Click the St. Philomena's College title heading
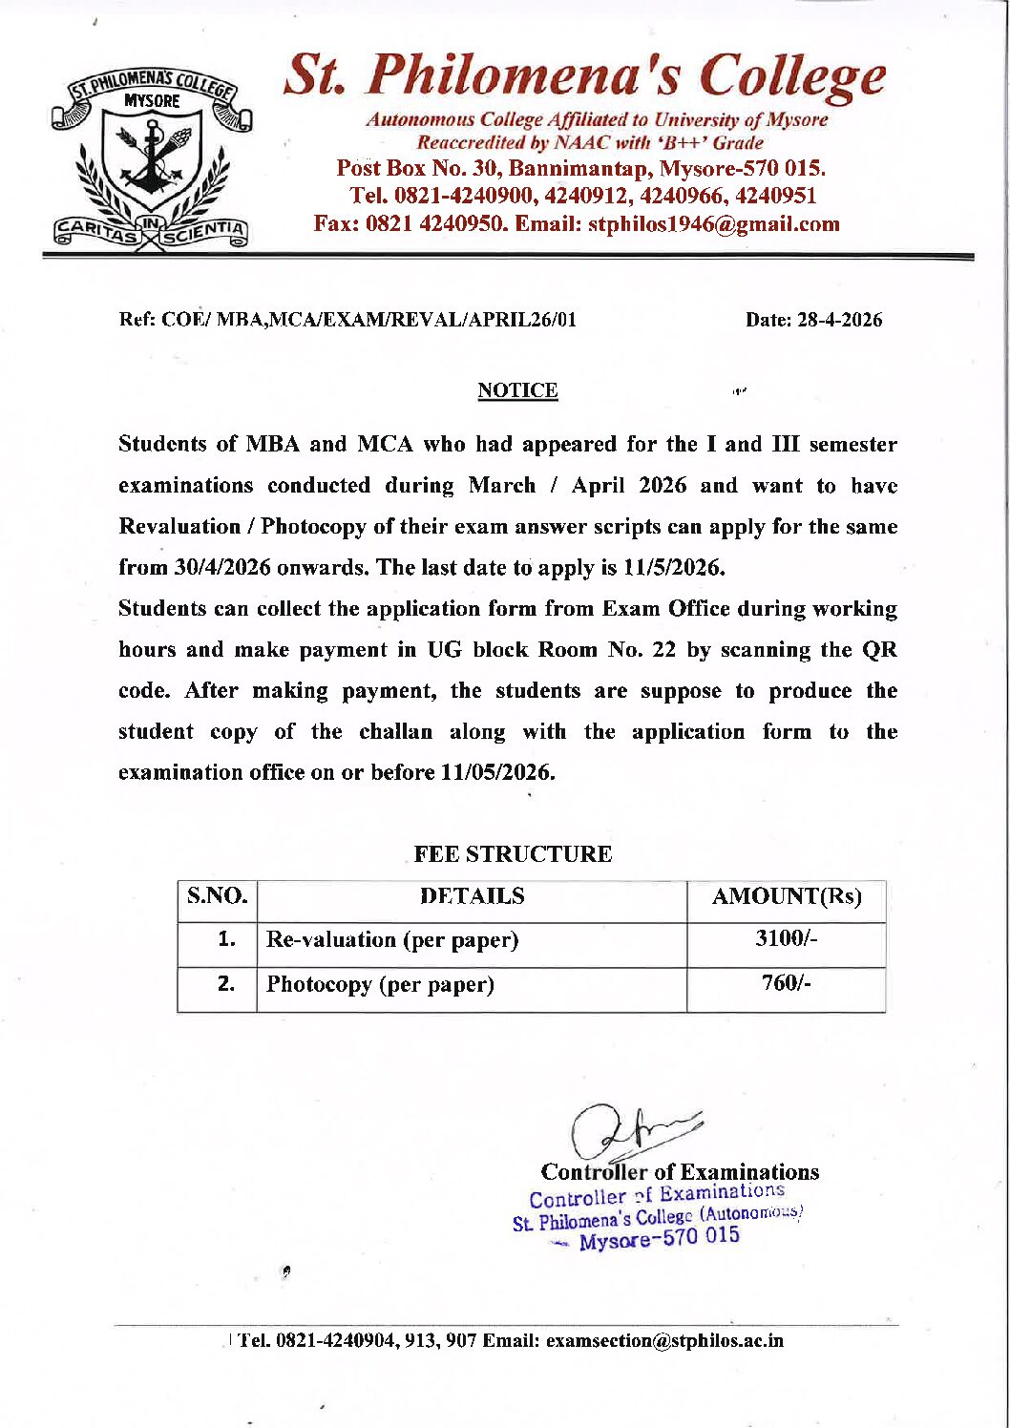point(584,76)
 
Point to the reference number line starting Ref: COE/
point(347,320)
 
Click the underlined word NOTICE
point(517,390)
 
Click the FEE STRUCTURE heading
point(513,854)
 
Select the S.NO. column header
point(218,896)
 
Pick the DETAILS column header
point(473,896)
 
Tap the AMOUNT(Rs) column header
point(787,896)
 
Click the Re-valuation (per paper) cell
point(392,940)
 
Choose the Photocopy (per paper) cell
point(380,984)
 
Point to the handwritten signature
point(630,1131)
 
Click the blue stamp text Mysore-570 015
point(659,1238)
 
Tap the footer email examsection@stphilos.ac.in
point(664,1341)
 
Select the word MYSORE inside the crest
point(153,100)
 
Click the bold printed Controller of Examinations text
point(680,1172)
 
